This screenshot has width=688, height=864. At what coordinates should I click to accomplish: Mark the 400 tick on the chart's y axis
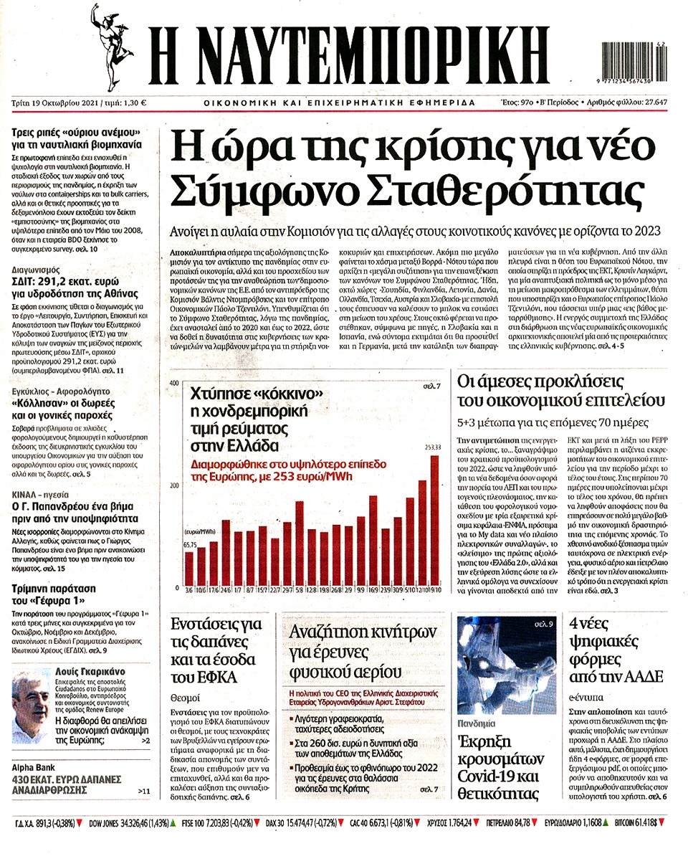click(173, 385)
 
